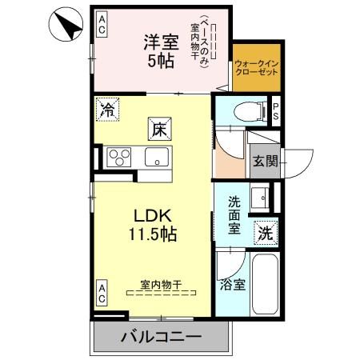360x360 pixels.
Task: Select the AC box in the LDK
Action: pos(102,294)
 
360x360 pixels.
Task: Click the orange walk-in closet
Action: pos(257,68)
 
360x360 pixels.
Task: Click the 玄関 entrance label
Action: pos(266,162)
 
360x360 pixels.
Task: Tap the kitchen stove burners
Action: pos(119,156)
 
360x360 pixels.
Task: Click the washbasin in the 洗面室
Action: pos(262,198)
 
